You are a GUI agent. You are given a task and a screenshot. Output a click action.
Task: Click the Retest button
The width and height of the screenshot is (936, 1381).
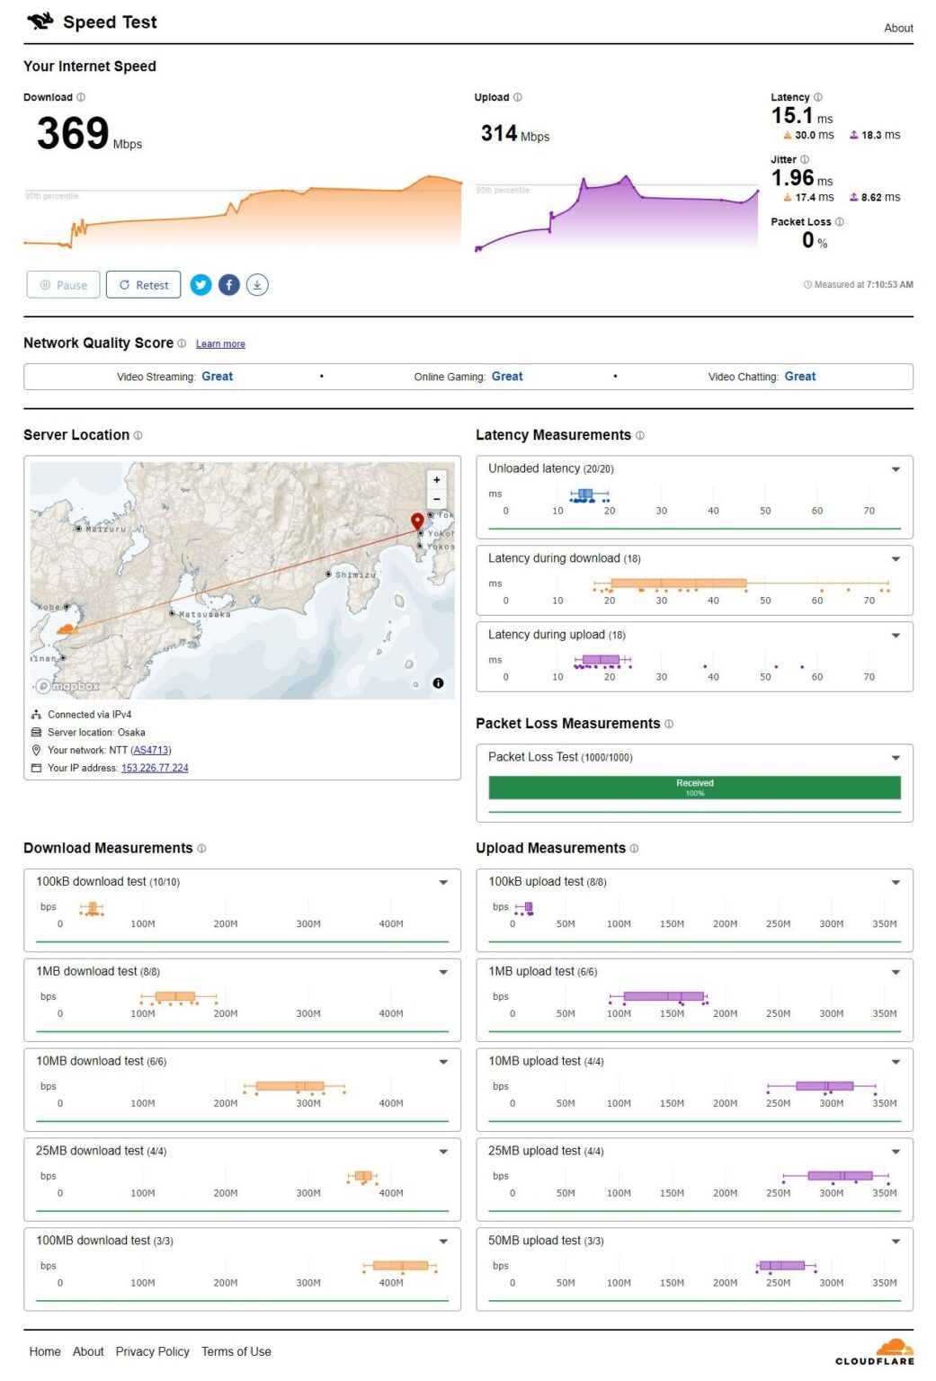click(x=143, y=285)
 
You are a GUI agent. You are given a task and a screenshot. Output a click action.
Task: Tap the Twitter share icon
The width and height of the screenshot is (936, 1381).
click(x=201, y=285)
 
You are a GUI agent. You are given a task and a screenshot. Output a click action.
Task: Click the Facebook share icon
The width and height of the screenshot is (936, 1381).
click(x=229, y=285)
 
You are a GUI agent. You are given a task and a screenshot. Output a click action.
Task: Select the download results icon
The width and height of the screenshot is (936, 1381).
click(x=257, y=285)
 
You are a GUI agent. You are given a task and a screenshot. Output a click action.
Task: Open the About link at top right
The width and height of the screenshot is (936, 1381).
click(x=897, y=28)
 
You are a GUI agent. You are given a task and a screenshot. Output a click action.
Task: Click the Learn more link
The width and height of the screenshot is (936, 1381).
click(x=220, y=344)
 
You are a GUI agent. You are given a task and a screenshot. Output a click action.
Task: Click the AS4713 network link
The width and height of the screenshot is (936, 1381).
click(x=151, y=750)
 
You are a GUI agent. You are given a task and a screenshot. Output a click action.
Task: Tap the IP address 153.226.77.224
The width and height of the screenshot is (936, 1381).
click(x=155, y=768)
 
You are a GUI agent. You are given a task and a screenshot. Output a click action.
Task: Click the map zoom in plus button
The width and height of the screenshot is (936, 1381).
click(x=437, y=480)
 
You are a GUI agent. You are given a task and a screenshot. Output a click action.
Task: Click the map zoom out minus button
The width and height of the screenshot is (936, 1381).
click(x=437, y=499)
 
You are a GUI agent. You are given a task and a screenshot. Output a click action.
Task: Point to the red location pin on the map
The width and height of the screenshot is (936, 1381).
click(x=417, y=521)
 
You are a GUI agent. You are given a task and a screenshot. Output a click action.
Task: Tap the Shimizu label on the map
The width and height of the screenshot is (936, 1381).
click(x=354, y=575)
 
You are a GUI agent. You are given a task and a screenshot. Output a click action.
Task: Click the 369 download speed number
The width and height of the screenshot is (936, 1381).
click(x=73, y=134)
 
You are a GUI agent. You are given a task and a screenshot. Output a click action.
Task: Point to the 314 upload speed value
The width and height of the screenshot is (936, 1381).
click(x=499, y=134)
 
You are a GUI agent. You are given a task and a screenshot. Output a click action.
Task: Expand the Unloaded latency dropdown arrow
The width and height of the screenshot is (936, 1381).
click(x=896, y=469)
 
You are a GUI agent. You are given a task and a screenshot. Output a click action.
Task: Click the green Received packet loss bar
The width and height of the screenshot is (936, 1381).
click(x=694, y=788)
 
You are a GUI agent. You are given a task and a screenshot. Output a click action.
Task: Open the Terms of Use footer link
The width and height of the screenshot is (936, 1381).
click(x=236, y=1351)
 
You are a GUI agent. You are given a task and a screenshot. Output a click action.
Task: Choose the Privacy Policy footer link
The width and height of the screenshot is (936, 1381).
click(x=152, y=1351)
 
